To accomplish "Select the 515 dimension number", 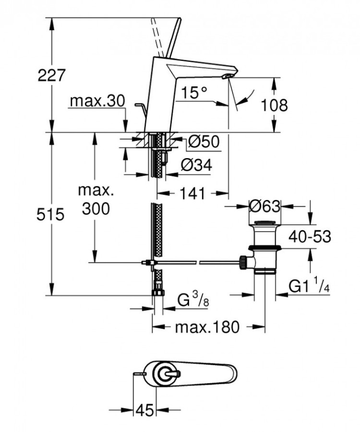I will pos(50,214).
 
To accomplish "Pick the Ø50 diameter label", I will pos(204,142).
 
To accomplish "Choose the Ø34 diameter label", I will pos(196,165).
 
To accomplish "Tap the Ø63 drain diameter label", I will pos(264,207).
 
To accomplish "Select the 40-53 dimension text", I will pos(310,236).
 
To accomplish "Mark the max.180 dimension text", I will pos(206,328).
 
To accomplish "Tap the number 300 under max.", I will pos(96,209).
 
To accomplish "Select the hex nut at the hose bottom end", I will pos(157,294).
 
